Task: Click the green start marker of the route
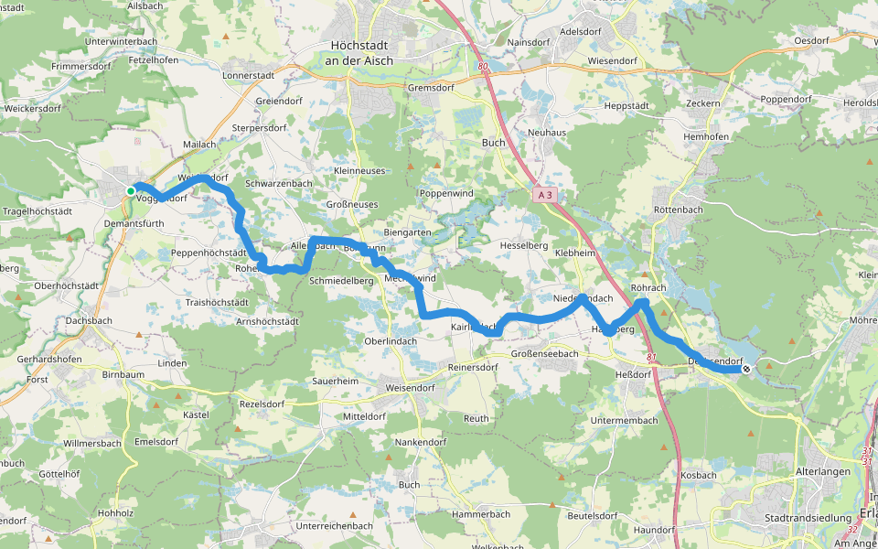pyautogui.click(x=131, y=190)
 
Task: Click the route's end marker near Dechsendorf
pyautogui.click(x=747, y=370)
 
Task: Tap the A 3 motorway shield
pyautogui.click(x=545, y=195)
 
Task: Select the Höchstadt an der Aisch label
pyautogui.click(x=359, y=52)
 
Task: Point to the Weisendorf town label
pyautogui.click(x=410, y=388)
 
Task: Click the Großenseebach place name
pyautogui.click(x=544, y=353)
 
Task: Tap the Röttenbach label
pyautogui.click(x=676, y=210)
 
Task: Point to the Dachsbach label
pyautogui.click(x=90, y=321)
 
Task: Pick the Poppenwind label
pyautogui.click(x=446, y=194)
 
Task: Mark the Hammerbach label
pyautogui.click(x=481, y=514)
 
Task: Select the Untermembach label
pyautogui.click(x=625, y=420)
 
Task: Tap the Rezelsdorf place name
pyautogui.click(x=262, y=404)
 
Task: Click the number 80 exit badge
pyautogui.click(x=484, y=67)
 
